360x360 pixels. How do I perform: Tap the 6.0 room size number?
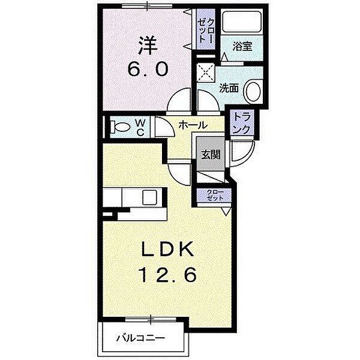pyautogui.click(x=148, y=69)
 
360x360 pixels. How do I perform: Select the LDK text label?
pyautogui.click(x=167, y=250)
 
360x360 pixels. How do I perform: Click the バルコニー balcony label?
pyautogui.click(x=140, y=338)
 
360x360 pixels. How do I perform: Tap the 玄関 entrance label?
pyautogui.click(x=211, y=154)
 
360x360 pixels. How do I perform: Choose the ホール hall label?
pyautogui.click(x=193, y=125)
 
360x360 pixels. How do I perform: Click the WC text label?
pyautogui.click(x=140, y=127)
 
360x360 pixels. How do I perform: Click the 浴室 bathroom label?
pyautogui.click(x=242, y=46)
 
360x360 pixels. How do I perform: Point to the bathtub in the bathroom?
pyautogui.click(x=242, y=22)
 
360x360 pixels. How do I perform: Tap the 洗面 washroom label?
pyautogui.click(x=229, y=88)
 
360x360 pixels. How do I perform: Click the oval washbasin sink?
pyautogui.click(x=254, y=92)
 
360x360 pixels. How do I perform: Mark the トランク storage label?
pyautogui.click(x=242, y=124)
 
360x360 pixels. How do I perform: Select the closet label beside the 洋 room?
pyautogui.click(x=206, y=30)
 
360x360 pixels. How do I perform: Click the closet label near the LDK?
pyautogui.click(x=215, y=194)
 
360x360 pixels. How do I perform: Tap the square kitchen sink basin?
pyautogui.click(x=149, y=197)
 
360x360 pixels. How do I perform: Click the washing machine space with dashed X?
pyautogui.click(x=206, y=73)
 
